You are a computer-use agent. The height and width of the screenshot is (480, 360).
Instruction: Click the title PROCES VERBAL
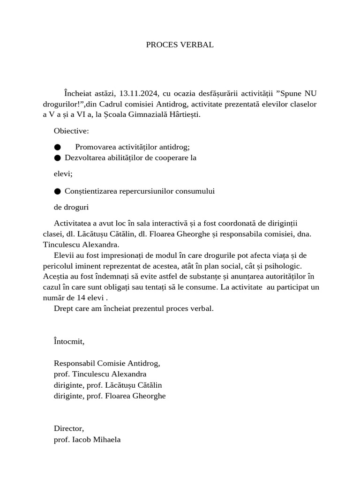click(x=180, y=45)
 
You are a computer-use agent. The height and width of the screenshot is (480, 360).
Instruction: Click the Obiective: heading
click(x=71, y=130)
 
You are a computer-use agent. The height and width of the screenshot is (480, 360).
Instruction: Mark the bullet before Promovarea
click(x=57, y=147)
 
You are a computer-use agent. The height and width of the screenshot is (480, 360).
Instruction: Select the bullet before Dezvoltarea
click(x=57, y=158)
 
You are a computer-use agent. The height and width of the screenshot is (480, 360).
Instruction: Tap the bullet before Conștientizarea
click(x=57, y=191)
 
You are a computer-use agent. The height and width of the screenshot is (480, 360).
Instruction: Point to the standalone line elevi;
click(x=63, y=174)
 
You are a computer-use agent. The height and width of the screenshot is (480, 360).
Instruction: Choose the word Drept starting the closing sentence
click(x=63, y=308)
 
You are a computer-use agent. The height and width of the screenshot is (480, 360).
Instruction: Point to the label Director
click(x=68, y=428)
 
